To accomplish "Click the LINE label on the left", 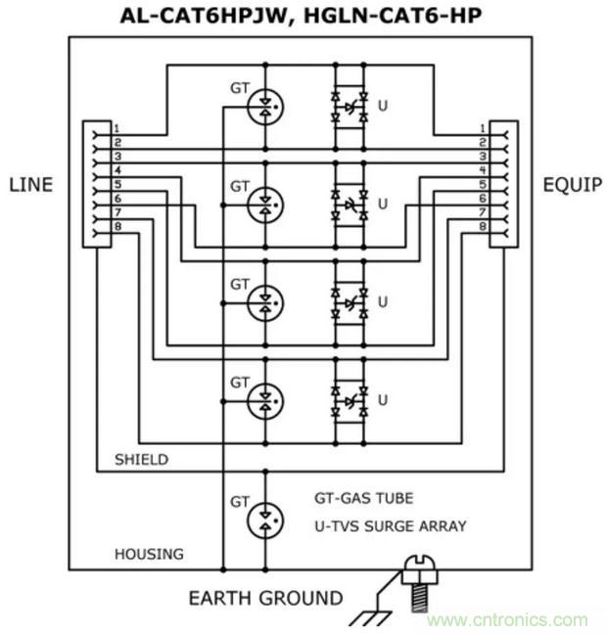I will click(29, 184).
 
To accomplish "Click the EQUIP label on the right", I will click(573, 184).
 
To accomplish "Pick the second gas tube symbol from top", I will click(263, 204).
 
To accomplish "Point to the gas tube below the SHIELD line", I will click(263, 519).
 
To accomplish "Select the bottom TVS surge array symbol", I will click(350, 399).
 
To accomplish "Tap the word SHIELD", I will click(141, 459).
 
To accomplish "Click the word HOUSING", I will click(149, 554).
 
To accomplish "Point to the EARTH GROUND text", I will click(265, 598).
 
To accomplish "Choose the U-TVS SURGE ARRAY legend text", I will click(390, 525).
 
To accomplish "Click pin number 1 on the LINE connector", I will click(116, 128).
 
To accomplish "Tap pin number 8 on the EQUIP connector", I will click(482, 226).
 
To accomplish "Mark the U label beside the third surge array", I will click(383, 302).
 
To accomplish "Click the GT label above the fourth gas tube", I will click(240, 381).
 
